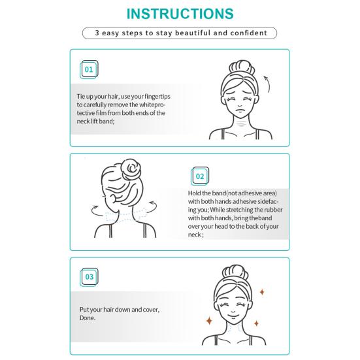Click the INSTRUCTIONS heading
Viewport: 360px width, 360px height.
tap(180, 14)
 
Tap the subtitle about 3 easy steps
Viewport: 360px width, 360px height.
tap(180, 33)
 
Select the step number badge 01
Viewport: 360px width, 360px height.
tap(90, 69)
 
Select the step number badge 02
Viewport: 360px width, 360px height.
tap(200, 176)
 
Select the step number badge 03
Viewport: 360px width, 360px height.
tap(90, 277)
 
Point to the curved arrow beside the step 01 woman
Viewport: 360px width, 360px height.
tap(267, 84)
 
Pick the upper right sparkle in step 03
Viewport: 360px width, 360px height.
tap(262, 292)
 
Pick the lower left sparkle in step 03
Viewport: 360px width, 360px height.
tap(210, 321)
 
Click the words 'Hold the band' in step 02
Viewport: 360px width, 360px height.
tap(206, 193)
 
